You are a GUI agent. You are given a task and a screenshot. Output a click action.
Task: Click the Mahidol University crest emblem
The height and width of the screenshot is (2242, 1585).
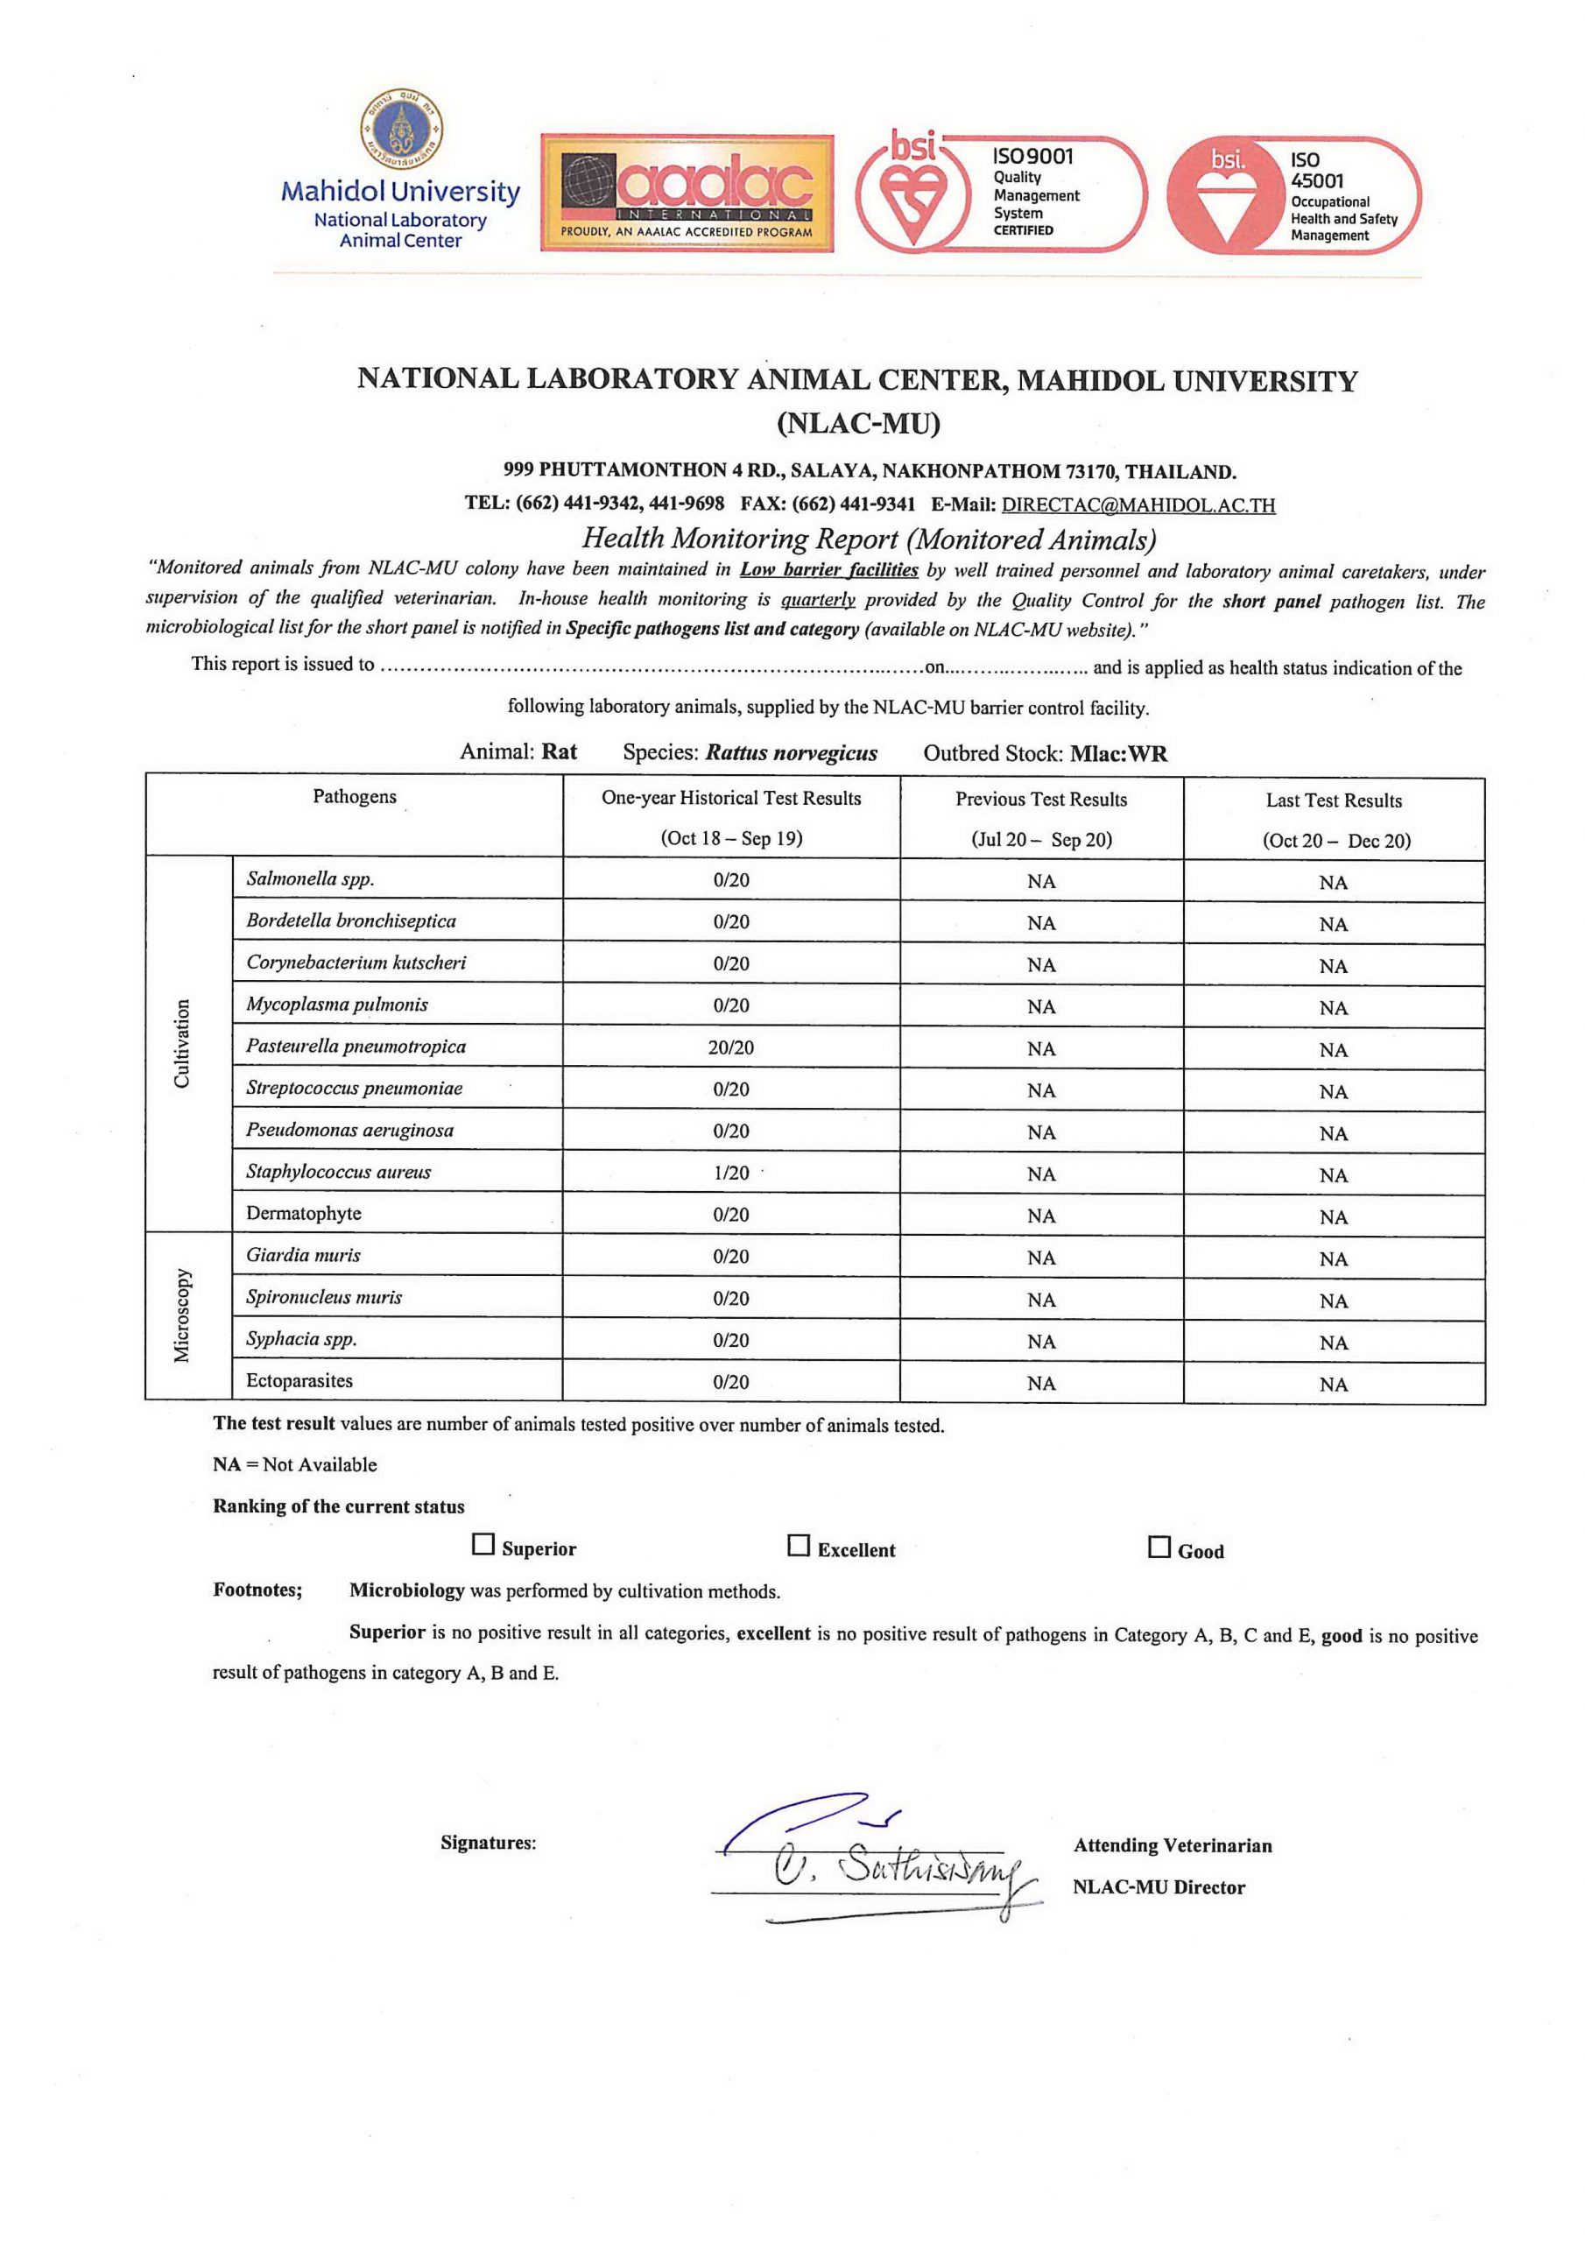(401, 129)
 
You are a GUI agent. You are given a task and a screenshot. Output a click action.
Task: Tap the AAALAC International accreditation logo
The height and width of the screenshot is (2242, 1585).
(687, 194)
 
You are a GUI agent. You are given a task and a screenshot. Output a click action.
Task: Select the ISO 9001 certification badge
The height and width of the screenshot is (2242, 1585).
(1000, 194)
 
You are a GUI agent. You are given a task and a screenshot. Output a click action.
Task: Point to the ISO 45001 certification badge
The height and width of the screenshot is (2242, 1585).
(1293, 195)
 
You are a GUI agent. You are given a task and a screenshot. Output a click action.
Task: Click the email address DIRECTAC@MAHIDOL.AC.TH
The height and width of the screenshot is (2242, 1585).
(1138, 504)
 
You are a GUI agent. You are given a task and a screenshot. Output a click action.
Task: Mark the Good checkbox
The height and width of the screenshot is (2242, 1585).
(1159, 1548)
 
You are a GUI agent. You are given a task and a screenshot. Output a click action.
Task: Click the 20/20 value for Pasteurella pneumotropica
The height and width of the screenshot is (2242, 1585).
(730, 1047)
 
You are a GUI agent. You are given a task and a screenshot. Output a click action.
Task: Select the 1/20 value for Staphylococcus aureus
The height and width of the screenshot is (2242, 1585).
(730, 1173)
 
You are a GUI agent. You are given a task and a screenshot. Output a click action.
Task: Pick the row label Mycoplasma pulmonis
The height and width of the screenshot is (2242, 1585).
(337, 1004)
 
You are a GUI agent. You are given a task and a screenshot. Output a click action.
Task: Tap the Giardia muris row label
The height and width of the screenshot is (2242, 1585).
(303, 1255)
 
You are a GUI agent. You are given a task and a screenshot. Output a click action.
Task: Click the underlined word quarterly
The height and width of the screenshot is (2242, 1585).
(817, 600)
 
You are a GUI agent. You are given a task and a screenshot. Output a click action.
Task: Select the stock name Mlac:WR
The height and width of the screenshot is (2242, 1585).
(1118, 754)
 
